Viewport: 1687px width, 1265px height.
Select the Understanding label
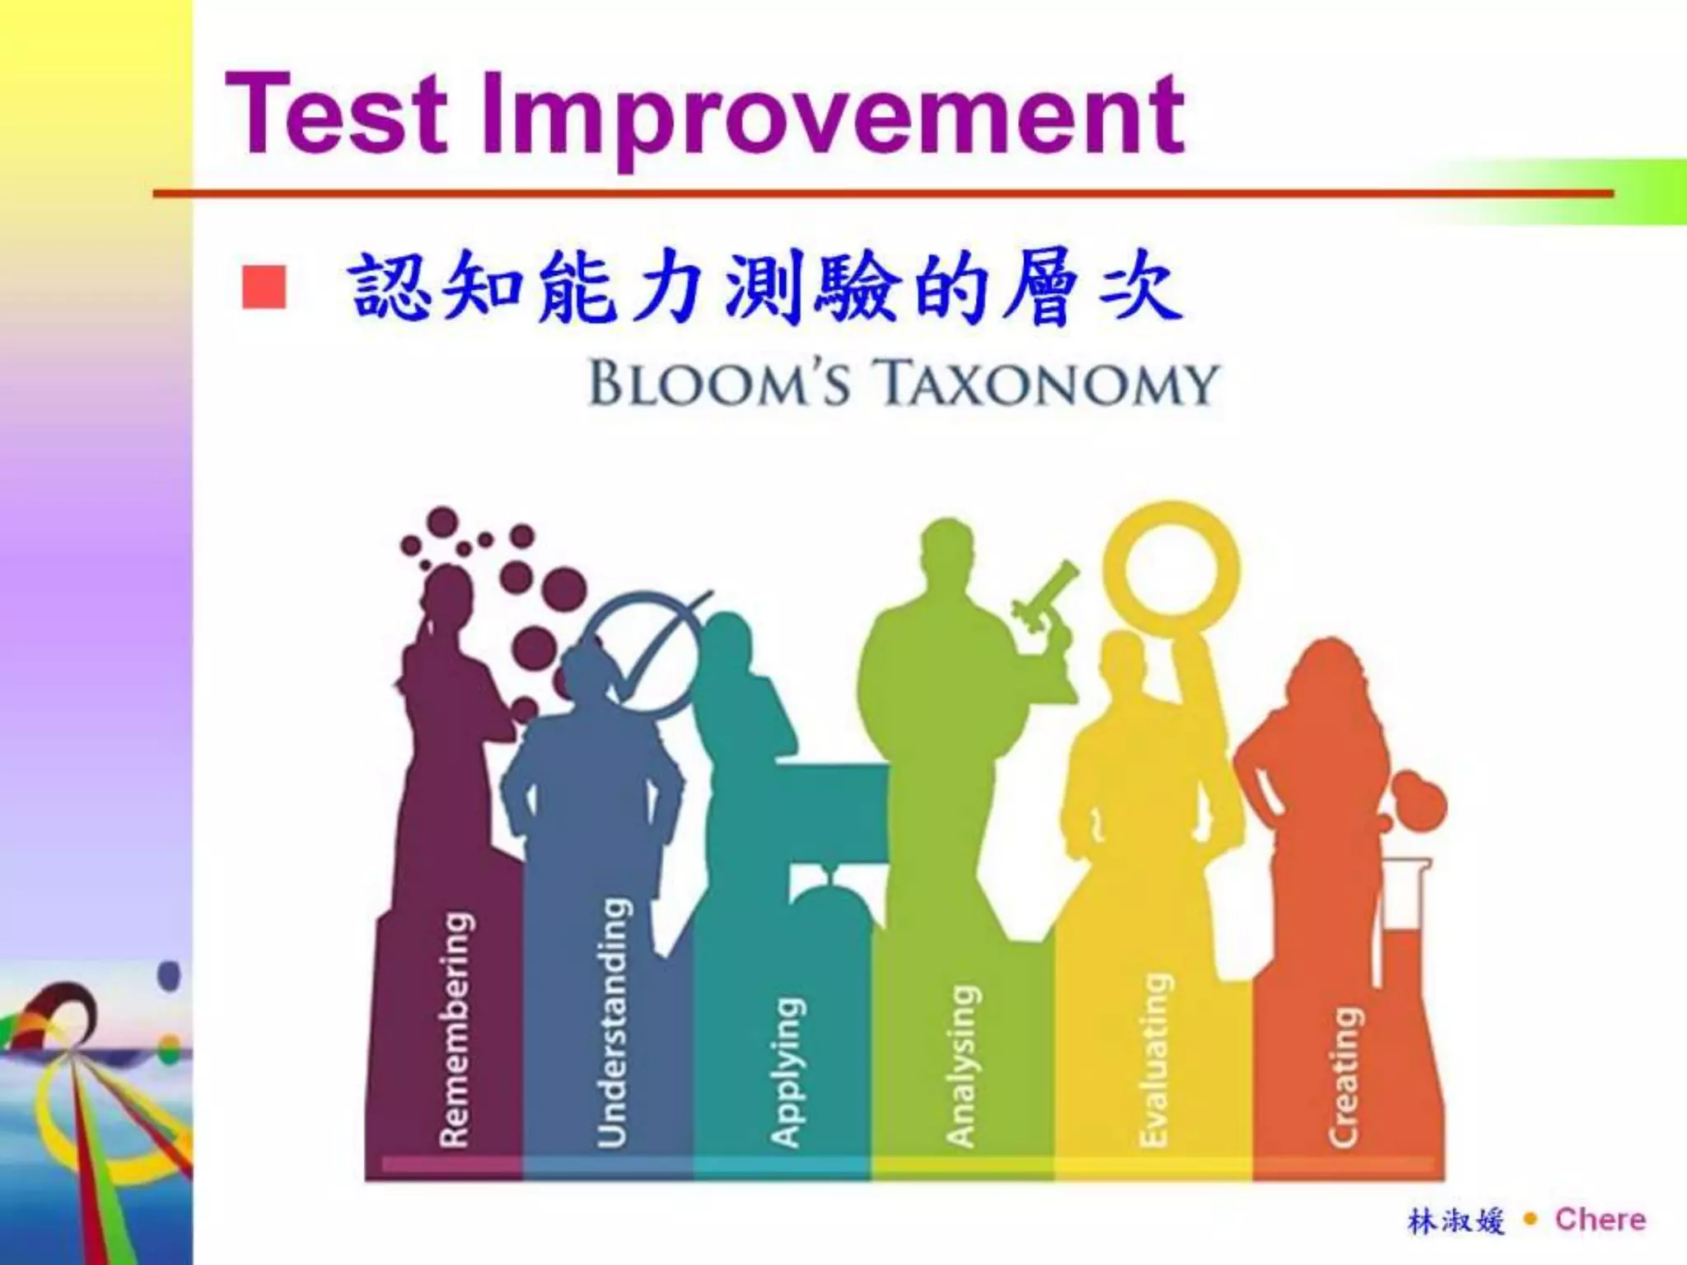click(x=612, y=1022)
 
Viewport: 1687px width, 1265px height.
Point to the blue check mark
click(x=651, y=651)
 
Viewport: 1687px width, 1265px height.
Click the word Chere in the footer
click(x=1600, y=1220)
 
